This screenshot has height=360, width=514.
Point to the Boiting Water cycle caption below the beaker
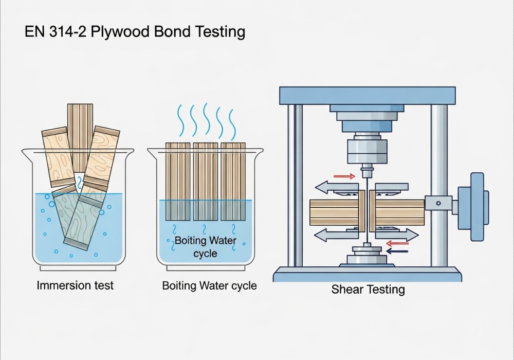209,286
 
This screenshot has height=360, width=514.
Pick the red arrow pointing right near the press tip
344,177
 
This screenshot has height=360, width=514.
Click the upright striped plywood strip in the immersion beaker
80,136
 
